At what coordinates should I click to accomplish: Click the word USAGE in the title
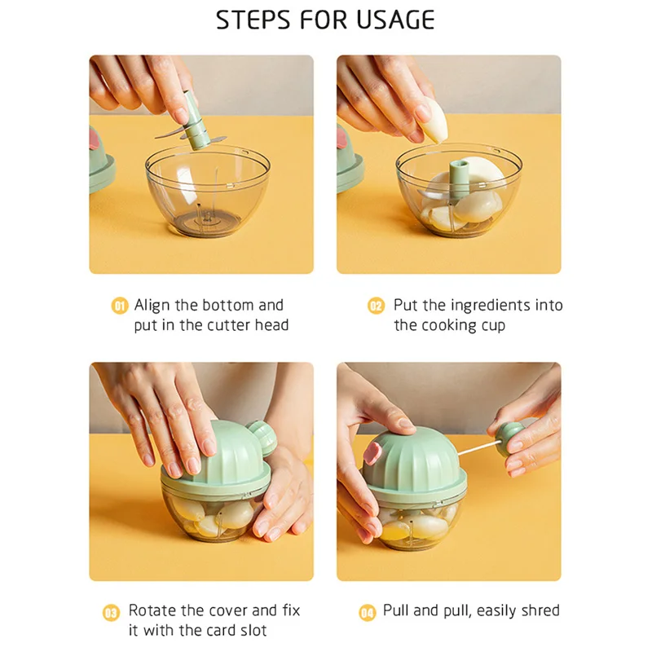point(395,20)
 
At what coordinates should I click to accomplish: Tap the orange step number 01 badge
point(120,306)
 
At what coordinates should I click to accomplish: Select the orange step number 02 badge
point(376,306)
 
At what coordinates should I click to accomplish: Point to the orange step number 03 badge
point(111,613)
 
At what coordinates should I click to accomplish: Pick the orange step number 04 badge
point(368,613)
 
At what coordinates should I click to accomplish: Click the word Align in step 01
point(152,306)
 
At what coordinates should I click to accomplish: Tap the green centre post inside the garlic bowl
point(458,178)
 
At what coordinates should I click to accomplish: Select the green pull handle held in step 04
point(509,438)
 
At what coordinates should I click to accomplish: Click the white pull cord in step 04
point(478,449)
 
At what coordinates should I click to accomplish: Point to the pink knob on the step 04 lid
point(372,453)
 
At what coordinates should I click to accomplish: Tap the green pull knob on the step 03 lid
point(262,437)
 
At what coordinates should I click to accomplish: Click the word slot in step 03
point(253,630)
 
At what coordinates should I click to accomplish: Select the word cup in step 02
point(493,326)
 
